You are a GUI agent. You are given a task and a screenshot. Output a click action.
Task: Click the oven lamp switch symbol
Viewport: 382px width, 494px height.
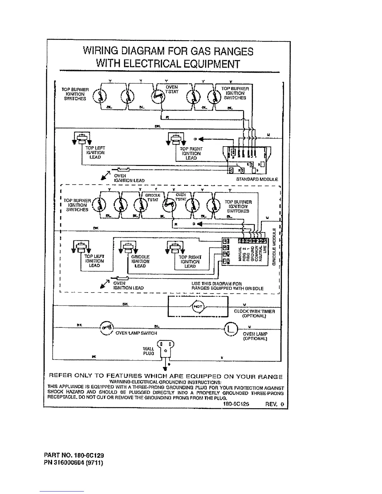pos(106,327)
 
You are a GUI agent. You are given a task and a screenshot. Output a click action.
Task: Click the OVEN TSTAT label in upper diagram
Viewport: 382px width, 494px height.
pos(171,90)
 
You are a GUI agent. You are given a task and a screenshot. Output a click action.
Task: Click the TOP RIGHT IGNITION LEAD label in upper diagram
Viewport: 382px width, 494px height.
pos(191,153)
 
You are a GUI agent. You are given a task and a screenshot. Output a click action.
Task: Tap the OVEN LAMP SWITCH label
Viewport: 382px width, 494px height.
pos(136,333)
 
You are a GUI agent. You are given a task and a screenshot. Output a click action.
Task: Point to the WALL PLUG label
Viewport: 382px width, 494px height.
pos(148,351)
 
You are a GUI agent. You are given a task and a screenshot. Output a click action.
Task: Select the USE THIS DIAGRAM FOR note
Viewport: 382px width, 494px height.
pos(217,284)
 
